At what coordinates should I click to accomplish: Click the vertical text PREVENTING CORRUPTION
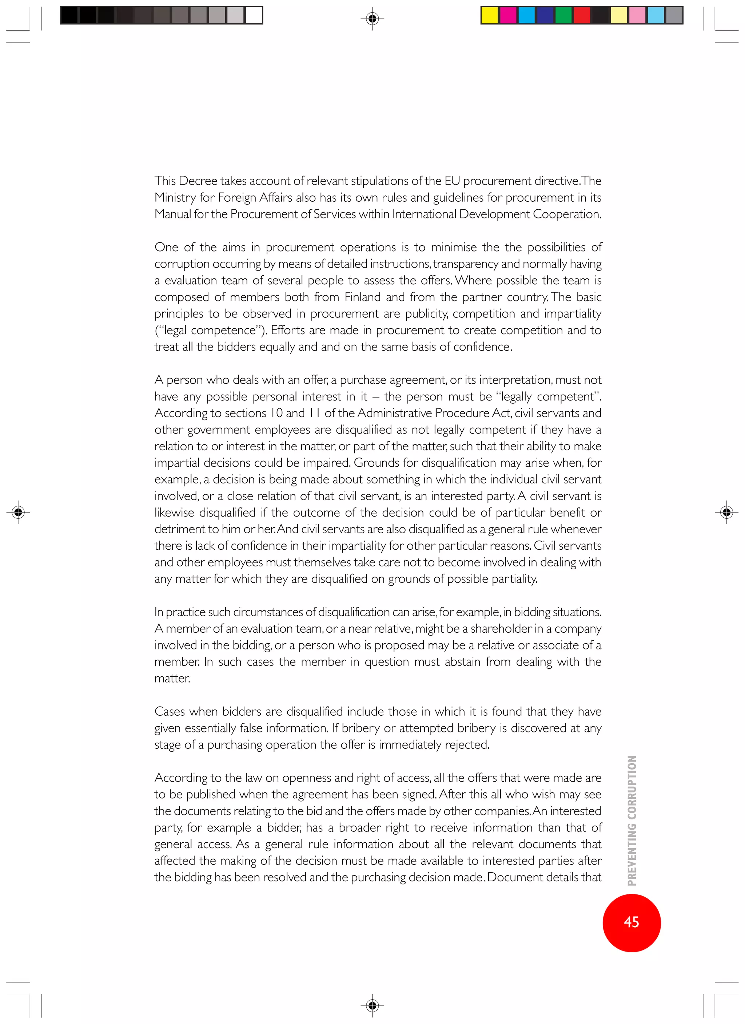pyautogui.click(x=632, y=821)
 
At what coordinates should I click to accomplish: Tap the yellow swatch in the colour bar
pyautogui.click(x=489, y=15)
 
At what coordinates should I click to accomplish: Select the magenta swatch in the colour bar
pyautogui.click(x=508, y=15)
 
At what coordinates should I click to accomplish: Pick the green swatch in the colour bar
pyautogui.click(x=563, y=15)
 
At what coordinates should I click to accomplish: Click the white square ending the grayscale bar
pyautogui.click(x=254, y=15)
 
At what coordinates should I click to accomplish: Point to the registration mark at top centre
pyautogui.click(x=372, y=19)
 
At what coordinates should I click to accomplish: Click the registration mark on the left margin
pyautogui.click(x=18, y=512)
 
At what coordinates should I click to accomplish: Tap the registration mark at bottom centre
pyautogui.click(x=372, y=1005)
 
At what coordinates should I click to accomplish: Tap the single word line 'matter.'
pyautogui.click(x=172, y=679)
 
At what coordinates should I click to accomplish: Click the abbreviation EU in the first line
pyautogui.click(x=452, y=181)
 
